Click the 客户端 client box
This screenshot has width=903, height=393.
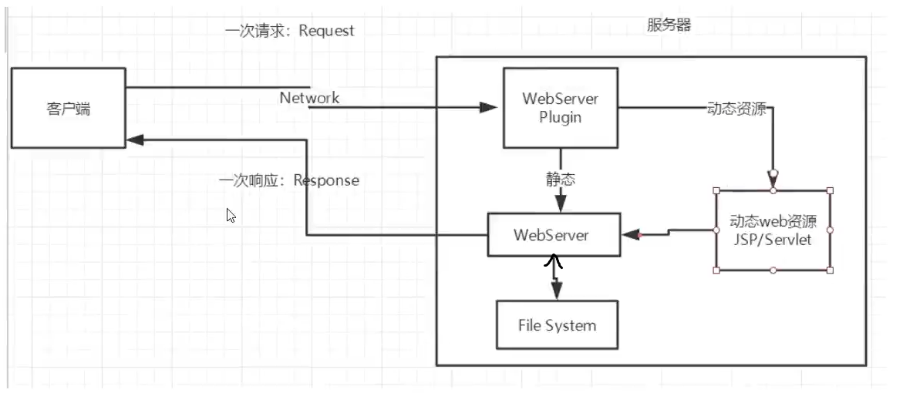click(x=68, y=108)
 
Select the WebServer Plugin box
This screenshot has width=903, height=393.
click(x=560, y=108)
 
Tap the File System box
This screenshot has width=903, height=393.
click(x=557, y=325)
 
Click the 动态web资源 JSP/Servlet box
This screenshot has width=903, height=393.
click(x=773, y=230)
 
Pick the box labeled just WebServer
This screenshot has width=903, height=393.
click(x=553, y=235)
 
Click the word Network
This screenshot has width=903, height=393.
click(x=309, y=98)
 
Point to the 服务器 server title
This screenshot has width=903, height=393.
click(x=669, y=25)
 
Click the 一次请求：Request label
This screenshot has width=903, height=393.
click(x=290, y=31)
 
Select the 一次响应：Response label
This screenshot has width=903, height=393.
click(x=289, y=180)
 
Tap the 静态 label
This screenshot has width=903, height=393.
click(x=560, y=180)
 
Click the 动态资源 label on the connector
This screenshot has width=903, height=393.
click(x=736, y=109)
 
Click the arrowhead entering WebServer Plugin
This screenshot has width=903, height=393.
click(x=488, y=108)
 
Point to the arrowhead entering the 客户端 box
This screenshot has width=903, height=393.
click(x=136, y=139)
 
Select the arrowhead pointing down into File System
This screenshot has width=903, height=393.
click(x=555, y=292)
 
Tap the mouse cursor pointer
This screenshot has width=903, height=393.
click(x=231, y=215)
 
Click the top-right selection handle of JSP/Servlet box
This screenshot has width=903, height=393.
click(x=830, y=190)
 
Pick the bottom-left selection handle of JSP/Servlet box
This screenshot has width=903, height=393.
click(x=717, y=270)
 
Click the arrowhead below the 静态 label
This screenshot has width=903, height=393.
click(x=560, y=204)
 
